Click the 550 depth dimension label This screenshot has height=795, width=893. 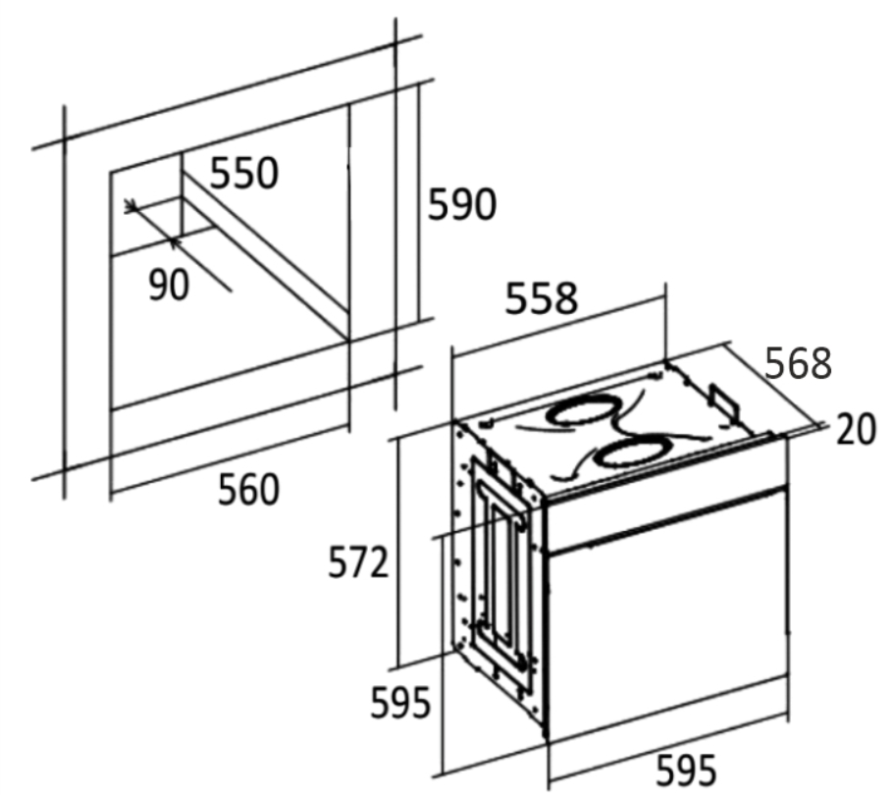[x=244, y=173]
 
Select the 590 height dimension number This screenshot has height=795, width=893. [x=462, y=204]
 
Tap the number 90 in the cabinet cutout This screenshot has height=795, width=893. [x=169, y=285]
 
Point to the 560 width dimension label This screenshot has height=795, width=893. [x=249, y=489]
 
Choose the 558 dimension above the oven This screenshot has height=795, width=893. [x=542, y=297]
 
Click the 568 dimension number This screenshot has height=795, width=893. [x=798, y=363]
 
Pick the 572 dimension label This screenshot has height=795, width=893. [x=358, y=562]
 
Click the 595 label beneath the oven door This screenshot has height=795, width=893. [x=686, y=769]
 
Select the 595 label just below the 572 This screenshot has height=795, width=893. [x=400, y=703]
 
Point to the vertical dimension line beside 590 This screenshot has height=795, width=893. [x=419, y=203]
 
